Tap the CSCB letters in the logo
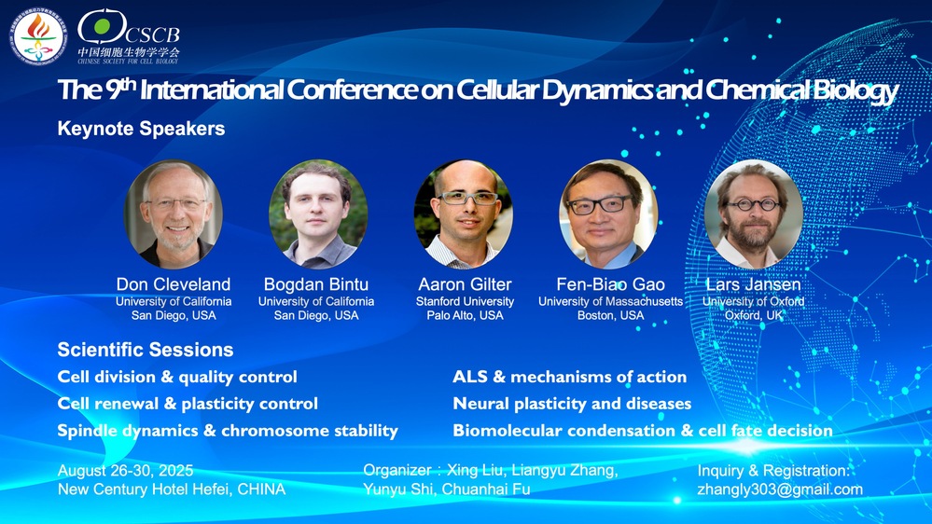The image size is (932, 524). [152, 34]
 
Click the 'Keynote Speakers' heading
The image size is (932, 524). [142, 129]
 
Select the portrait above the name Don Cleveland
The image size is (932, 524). [174, 214]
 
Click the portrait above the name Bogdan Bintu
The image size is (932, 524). [318, 214]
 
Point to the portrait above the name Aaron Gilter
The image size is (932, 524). [463, 214]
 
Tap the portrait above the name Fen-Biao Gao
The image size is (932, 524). [608, 214]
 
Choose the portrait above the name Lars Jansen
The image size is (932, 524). [753, 214]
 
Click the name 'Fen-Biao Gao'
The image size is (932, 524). [610, 284]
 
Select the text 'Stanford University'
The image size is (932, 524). [465, 302]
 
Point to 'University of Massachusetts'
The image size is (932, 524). [610, 302]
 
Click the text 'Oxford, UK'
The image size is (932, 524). [754, 315]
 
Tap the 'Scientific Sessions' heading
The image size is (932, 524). [146, 350]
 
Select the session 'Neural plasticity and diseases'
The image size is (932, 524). [572, 404]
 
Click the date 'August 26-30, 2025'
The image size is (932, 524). [125, 471]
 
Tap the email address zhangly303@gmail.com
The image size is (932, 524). [780, 490]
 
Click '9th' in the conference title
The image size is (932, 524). [121, 88]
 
